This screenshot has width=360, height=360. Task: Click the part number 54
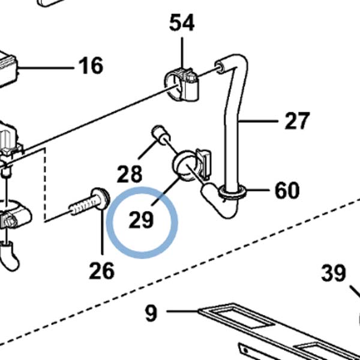[182, 22]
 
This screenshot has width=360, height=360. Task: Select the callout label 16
[91, 65]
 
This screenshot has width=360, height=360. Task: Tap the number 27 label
[297, 121]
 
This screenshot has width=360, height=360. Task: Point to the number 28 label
[130, 174]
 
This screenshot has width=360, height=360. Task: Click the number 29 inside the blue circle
[141, 220]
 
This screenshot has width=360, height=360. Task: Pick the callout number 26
[102, 271]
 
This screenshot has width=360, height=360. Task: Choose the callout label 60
[287, 190]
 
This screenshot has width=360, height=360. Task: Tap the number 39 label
[334, 273]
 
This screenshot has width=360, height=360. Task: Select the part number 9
[151, 313]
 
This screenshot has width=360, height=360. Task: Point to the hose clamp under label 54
[181, 84]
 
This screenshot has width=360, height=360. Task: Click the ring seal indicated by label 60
[232, 193]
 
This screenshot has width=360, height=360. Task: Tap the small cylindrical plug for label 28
[161, 135]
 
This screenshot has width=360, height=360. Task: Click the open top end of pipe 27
[220, 66]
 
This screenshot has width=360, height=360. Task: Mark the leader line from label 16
[46, 68]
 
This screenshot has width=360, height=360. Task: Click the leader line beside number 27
[258, 121]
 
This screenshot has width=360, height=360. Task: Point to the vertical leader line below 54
[182, 53]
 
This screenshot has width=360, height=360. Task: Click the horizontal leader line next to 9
[182, 311]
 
